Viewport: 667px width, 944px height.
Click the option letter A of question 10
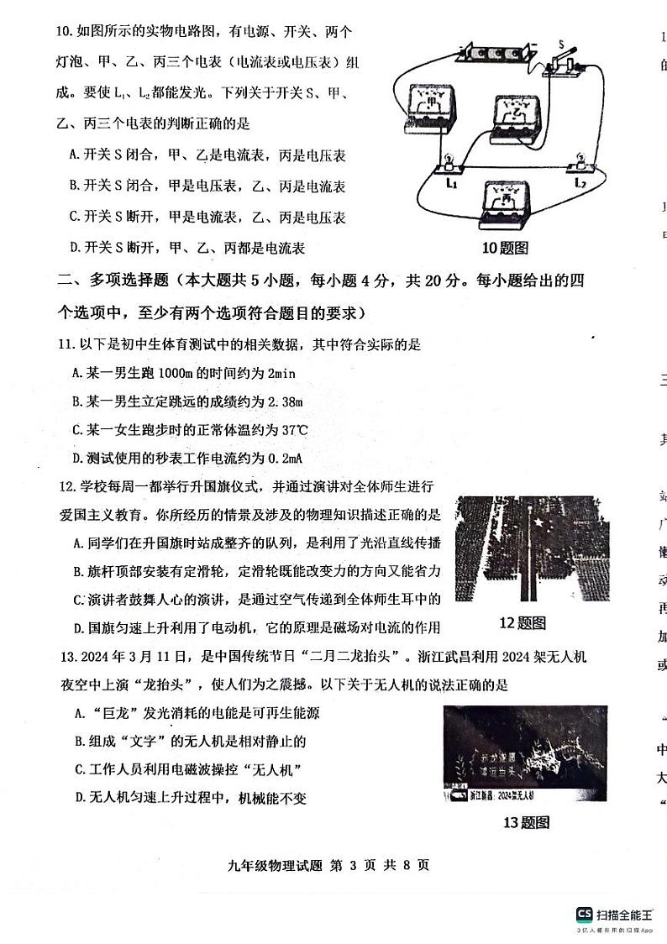point(75,155)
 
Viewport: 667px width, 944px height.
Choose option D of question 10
point(75,248)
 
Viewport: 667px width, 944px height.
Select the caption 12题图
point(523,622)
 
